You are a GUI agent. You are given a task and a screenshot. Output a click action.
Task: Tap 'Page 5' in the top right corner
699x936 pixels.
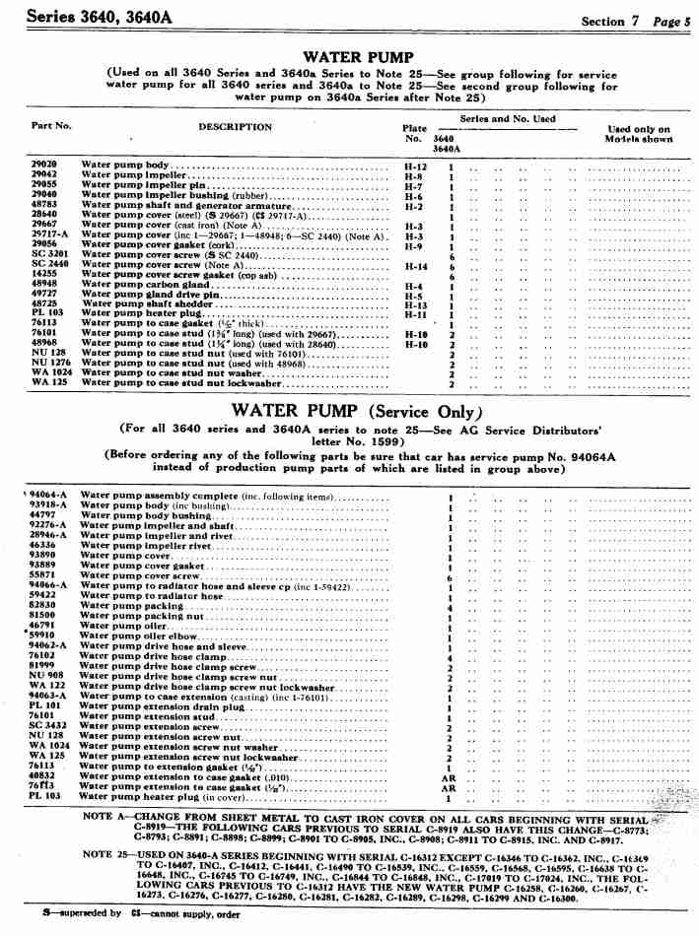coord(666,20)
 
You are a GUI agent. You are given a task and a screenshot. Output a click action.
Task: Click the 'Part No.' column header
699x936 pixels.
coord(52,125)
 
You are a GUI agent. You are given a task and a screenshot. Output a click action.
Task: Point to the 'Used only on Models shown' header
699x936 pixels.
coord(638,134)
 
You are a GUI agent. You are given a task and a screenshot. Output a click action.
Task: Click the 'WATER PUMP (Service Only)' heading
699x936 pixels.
coord(358,410)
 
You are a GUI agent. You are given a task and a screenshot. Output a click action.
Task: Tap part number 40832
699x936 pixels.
coord(42,776)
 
